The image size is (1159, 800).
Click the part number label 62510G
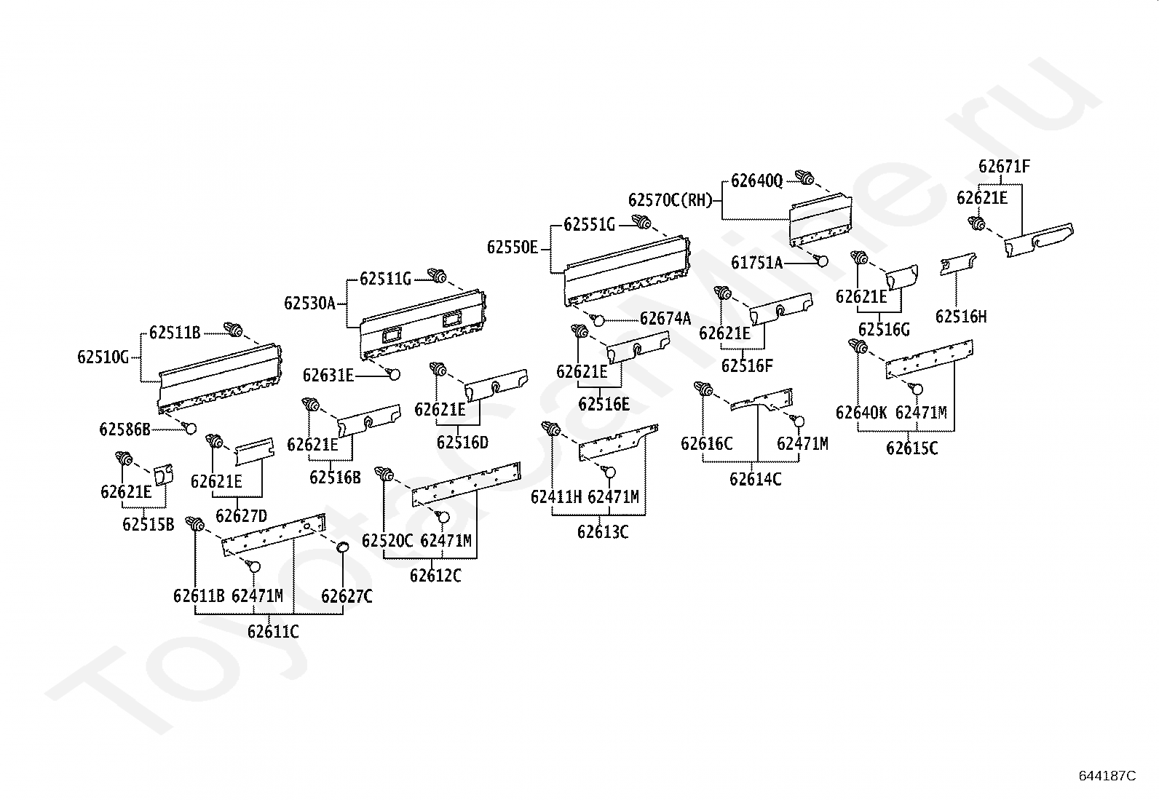103,357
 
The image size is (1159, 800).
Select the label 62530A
309,303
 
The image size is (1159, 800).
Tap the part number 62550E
513,248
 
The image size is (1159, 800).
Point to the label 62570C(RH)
671,199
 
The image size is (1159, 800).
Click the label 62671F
1004,167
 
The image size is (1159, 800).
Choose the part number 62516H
961,317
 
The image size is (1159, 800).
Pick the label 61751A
756,263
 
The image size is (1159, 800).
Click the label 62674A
665,318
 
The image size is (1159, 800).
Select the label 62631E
328,376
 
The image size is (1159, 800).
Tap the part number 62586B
124,429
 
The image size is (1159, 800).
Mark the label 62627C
347,596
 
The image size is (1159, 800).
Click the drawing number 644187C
1107,776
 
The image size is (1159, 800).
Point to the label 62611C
273,631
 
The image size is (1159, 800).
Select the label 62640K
861,413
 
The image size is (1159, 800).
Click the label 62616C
706,443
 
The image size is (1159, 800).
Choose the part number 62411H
556,496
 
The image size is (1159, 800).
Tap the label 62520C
387,540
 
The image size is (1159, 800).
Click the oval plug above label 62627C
342,547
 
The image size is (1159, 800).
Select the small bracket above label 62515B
163,474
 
